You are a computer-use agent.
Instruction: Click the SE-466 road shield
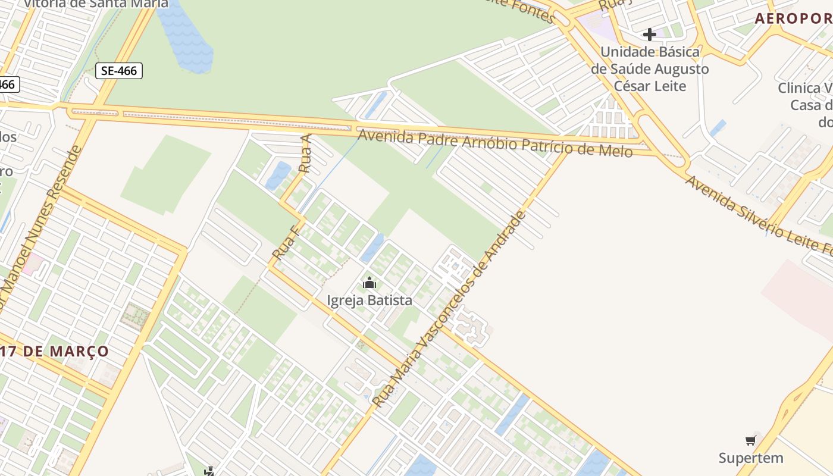(119, 71)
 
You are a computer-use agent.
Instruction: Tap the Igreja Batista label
(369, 300)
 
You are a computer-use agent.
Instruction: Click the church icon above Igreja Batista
(369, 282)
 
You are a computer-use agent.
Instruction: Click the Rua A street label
(306, 154)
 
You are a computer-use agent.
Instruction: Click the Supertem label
(750, 458)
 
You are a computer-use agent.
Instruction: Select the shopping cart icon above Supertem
(751, 440)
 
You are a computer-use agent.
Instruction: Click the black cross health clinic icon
(649, 35)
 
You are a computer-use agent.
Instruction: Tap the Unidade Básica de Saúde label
(650, 68)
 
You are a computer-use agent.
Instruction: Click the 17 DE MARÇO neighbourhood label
(57, 351)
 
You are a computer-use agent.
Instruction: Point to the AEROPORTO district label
(794, 18)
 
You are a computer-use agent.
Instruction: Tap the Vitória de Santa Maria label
(95, 4)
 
